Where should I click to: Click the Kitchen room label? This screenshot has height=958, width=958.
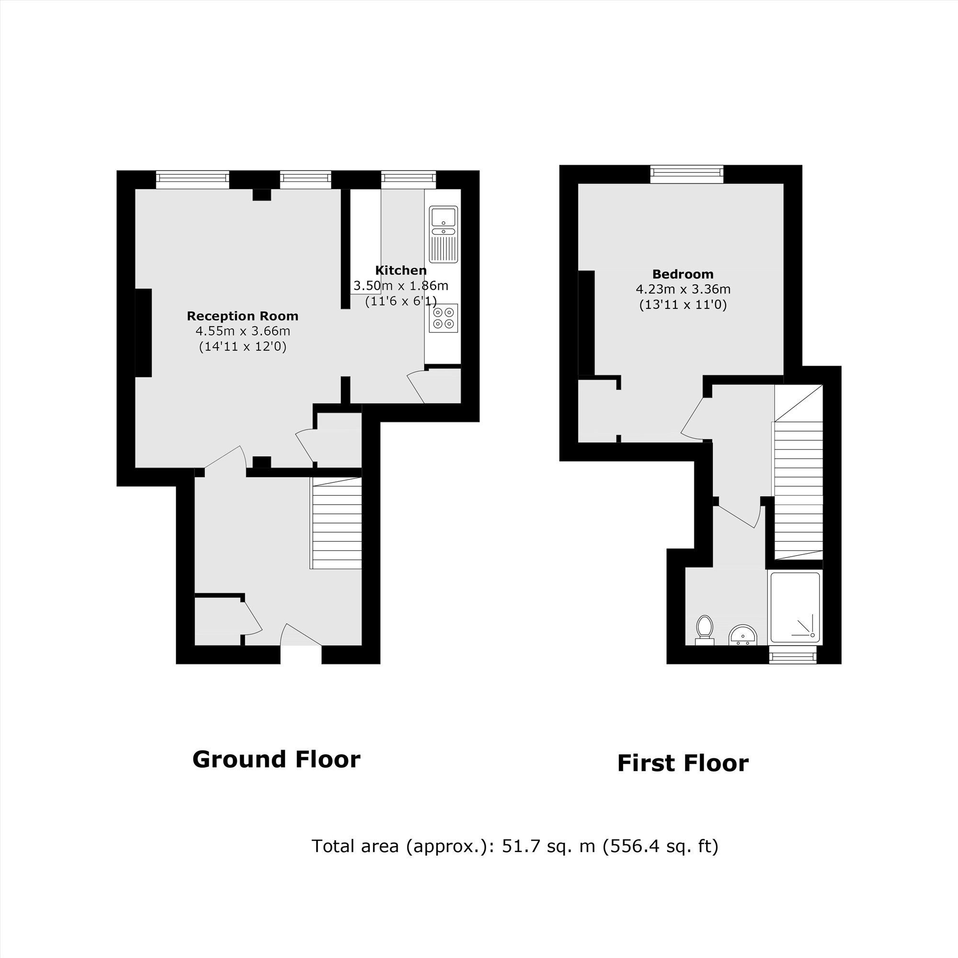coord(400,270)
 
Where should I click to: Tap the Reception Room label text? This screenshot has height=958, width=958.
coord(242,316)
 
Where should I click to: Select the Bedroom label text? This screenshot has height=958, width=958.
coord(683,274)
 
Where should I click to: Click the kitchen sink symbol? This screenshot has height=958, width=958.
coord(443,235)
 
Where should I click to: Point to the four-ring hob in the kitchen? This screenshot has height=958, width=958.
coord(443,318)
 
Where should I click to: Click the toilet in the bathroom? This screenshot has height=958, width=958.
coord(704,630)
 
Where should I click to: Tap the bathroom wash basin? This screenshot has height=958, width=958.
coord(743,635)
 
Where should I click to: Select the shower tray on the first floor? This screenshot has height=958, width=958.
coord(794,608)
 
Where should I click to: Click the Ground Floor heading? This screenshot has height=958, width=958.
coord(276,759)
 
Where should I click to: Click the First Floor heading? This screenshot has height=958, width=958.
coord(683,763)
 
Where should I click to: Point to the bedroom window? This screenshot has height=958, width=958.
coord(687,172)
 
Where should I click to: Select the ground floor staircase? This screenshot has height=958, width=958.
coord(336,523)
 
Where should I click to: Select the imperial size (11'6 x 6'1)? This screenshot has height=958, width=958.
coord(400,301)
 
